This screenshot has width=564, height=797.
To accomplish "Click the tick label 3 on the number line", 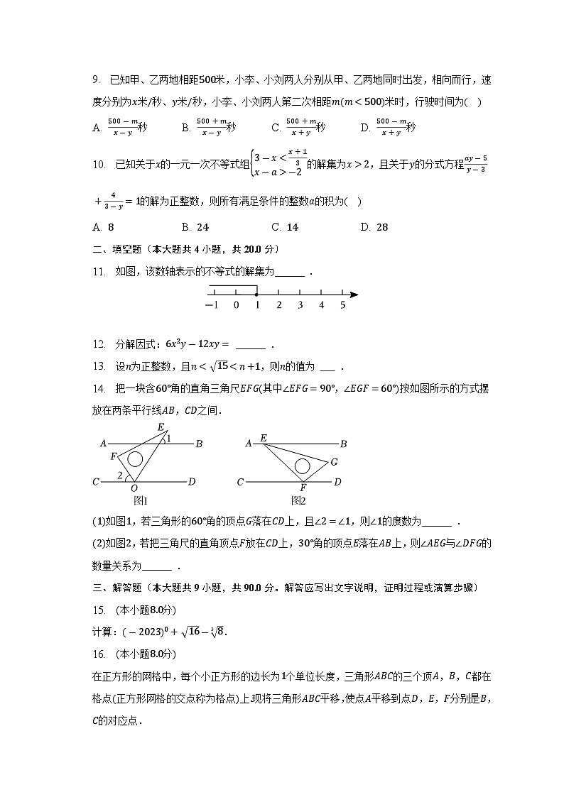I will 300,305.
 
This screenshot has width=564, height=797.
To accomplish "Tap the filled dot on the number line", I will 256,295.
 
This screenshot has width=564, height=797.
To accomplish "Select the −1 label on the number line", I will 211,305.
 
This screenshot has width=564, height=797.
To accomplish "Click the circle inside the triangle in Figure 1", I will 135,458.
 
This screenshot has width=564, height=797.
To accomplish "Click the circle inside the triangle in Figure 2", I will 302,466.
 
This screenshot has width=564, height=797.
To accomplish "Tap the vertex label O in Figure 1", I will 134,488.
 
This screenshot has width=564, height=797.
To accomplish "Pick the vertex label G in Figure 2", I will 334,462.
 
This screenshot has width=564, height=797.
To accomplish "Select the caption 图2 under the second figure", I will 299,500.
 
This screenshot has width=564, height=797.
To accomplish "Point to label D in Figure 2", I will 337,483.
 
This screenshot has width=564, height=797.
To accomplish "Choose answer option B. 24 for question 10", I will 195,227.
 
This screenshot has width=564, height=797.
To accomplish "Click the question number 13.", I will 99,367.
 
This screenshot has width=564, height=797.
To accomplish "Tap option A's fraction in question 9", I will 122,127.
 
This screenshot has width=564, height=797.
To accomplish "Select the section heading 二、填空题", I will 118,249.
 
